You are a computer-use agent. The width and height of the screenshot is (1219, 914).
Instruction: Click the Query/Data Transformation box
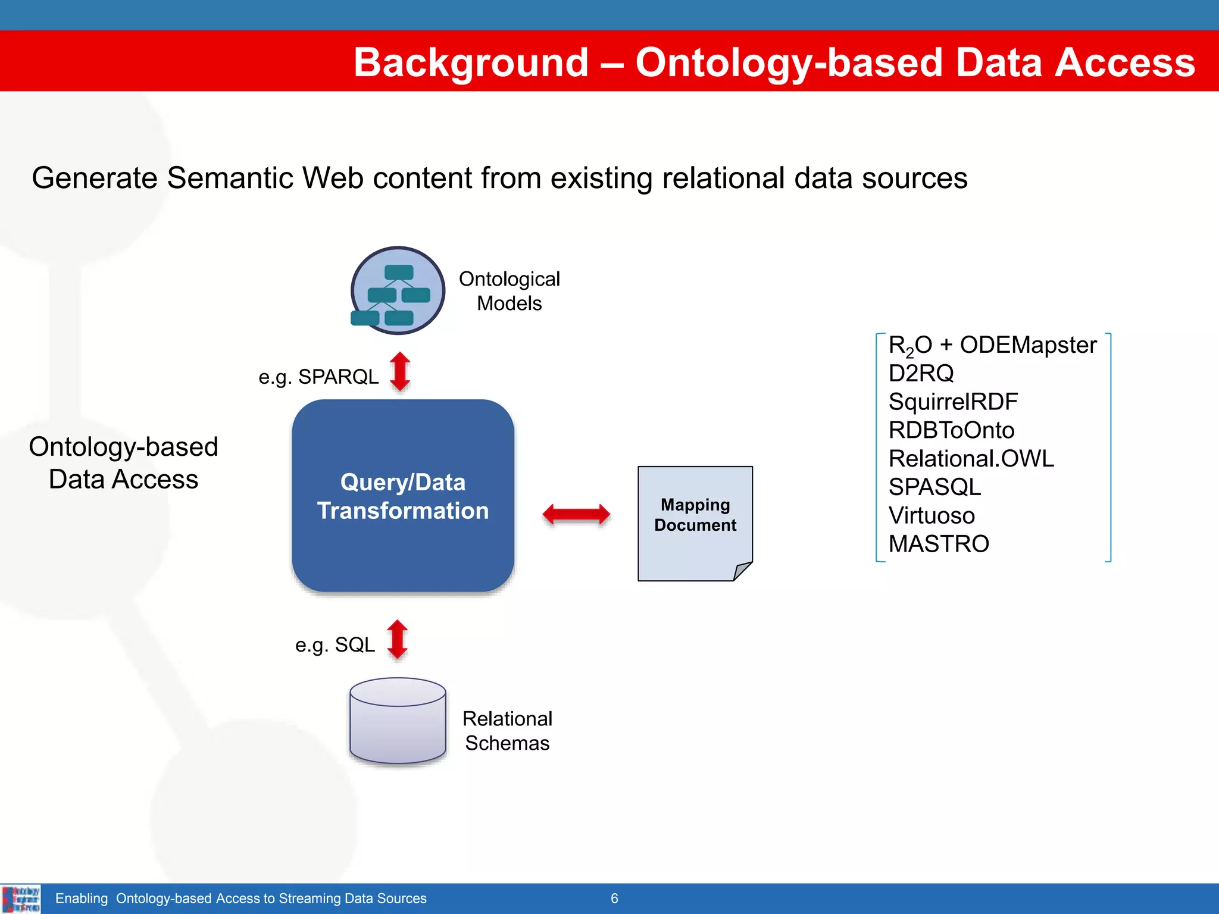pyautogui.click(x=403, y=496)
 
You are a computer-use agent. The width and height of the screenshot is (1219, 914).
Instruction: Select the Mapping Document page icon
pyautogui.click(x=695, y=523)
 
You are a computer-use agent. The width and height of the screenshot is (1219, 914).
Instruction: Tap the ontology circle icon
pyautogui.click(x=398, y=291)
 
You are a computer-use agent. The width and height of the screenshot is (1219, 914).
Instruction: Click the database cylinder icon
pyautogui.click(x=398, y=721)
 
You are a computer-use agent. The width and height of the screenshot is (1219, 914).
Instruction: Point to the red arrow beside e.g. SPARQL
pyautogui.click(x=400, y=371)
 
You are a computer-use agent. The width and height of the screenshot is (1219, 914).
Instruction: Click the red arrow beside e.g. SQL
pyautogui.click(x=398, y=640)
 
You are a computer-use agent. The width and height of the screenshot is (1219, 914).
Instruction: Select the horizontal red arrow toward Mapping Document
pyautogui.click(x=576, y=514)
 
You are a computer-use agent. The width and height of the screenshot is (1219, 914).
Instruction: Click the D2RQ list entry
pyautogui.click(x=921, y=374)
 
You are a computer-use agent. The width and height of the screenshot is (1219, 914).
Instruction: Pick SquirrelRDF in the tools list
pyautogui.click(x=953, y=402)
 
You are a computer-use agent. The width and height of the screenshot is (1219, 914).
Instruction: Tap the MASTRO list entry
pyautogui.click(x=939, y=544)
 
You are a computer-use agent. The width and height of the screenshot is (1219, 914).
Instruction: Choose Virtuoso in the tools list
pyautogui.click(x=932, y=515)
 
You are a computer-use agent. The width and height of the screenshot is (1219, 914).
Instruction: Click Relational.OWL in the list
pyautogui.click(x=971, y=459)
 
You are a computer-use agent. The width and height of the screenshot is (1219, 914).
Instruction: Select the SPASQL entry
pyautogui.click(x=934, y=487)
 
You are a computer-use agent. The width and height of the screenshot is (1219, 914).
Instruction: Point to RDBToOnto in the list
pyautogui.click(x=951, y=430)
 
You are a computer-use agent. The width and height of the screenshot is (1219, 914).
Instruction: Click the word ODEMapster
pyautogui.click(x=1028, y=345)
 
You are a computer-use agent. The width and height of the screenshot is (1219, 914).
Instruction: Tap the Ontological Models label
pyautogui.click(x=510, y=291)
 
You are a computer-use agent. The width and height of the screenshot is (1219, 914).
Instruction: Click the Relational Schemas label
pyautogui.click(x=507, y=731)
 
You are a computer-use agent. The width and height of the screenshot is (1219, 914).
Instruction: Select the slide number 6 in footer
pyautogui.click(x=614, y=899)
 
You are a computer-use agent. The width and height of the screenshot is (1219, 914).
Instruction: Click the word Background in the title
pyautogui.click(x=471, y=62)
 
